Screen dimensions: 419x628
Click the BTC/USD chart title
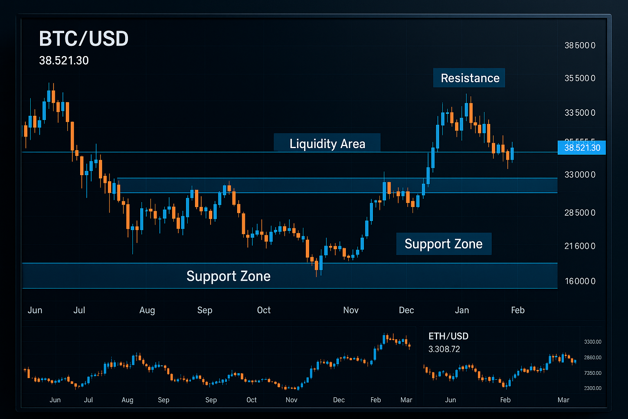coord(84,39)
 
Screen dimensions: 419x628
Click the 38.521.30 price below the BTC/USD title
coord(64,61)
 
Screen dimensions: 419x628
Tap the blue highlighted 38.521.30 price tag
coord(582,148)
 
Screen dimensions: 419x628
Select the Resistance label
coord(470,78)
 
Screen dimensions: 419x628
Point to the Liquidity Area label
coord(327,144)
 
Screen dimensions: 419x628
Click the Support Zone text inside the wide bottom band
coord(228,276)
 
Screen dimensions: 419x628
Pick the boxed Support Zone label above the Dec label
coord(444,244)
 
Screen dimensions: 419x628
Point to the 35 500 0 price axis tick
coord(580,78)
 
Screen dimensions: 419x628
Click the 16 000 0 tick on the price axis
coord(580,281)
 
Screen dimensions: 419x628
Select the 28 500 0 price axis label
coord(580,213)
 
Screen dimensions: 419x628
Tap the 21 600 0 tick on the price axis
coord(580,246)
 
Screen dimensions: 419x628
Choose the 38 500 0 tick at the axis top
coord(580,45)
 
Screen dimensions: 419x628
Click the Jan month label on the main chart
coord(462,310)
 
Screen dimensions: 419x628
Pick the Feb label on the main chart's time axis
coord(518,310)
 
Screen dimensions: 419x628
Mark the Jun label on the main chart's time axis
coord(35,310)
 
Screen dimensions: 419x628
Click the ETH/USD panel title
coord(448,336)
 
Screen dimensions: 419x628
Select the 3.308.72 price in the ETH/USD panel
coord(444,349)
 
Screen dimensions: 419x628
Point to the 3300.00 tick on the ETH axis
coord(592,342)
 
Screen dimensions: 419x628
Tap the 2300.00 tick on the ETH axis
coord(592,388)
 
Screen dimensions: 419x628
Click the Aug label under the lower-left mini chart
coord(128,400)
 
